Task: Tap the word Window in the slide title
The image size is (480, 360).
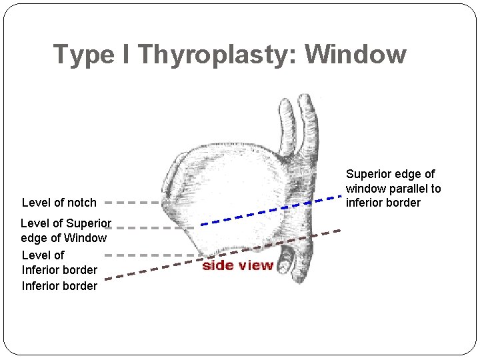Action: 355,54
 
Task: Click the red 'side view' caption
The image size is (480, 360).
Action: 237,265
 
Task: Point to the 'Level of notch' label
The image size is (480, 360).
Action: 59,203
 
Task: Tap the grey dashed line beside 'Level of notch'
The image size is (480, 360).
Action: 132,202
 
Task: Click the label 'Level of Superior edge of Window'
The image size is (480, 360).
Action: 65,231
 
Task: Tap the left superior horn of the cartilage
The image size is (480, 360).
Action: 287,123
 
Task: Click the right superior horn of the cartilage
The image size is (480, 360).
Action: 307,120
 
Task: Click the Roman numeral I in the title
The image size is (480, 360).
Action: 126,55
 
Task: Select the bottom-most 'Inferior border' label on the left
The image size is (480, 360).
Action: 60,286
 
